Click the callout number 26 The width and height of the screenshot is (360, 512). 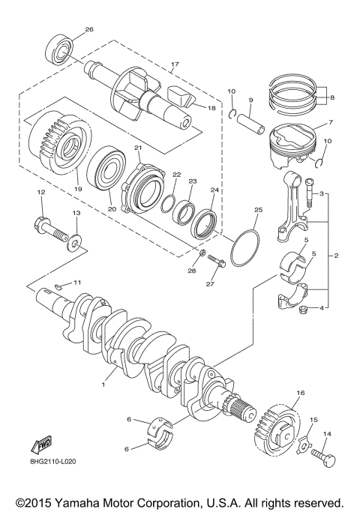coord(90,29)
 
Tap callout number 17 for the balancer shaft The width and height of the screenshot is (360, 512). coord(175,64)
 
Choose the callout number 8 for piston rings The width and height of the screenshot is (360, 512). coord(332,96)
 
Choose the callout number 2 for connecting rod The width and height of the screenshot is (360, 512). coord(336,256)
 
